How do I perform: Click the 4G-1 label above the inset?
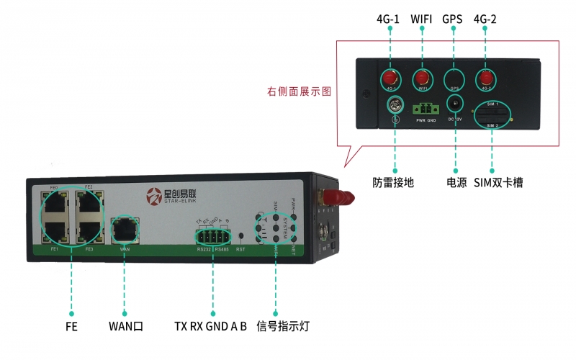[389, 18]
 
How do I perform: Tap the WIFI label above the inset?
[422, 18]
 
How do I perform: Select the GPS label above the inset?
[453, 18]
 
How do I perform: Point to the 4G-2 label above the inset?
[486, 18]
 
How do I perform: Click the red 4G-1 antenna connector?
[390, 77]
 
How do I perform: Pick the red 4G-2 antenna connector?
[486, 77]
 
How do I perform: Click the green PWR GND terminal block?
[426, 108]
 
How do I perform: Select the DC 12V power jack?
[454, 105]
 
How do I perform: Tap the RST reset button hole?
[240, 235]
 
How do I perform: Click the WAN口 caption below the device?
[125, 326]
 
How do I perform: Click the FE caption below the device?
[71, 326]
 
